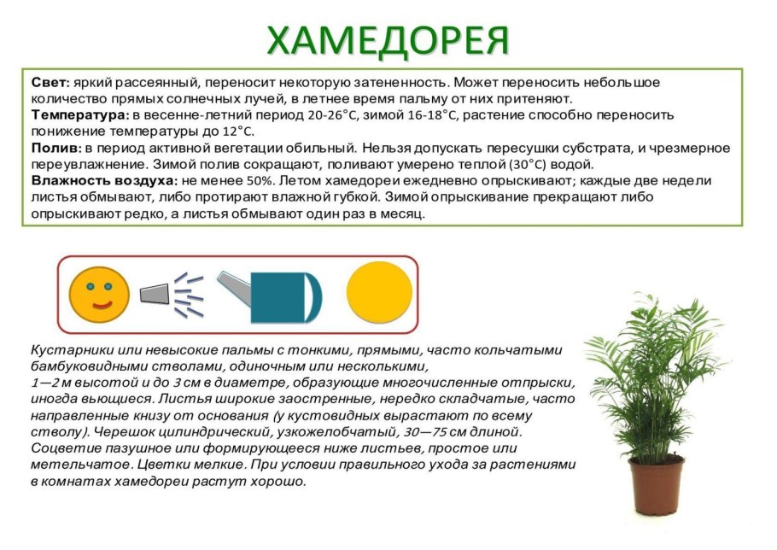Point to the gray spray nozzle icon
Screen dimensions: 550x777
(154, 293)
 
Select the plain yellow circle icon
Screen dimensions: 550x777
(379, 292)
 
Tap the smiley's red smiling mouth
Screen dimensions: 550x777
(101, 303)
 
